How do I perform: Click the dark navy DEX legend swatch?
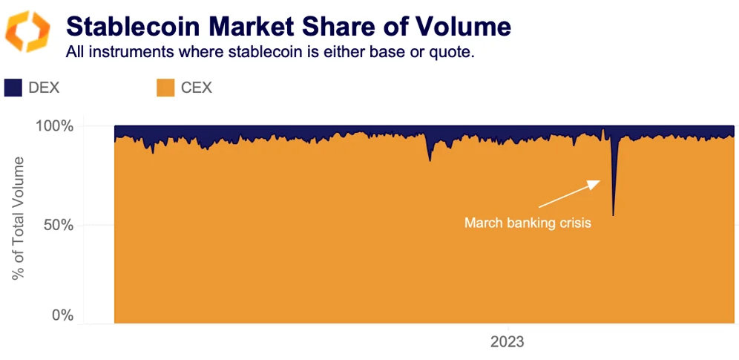click(x=14, y=88)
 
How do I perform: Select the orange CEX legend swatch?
click(x=165, y=88)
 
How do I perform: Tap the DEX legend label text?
click(x=44, y=88)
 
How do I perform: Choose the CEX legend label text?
click(x=196, y=88)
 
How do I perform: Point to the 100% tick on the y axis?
click(x=54, y=126)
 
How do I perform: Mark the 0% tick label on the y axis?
click(x=62, y=315)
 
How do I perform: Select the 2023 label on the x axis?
click(x=508, y=342)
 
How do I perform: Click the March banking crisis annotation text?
click(x=528, y=223)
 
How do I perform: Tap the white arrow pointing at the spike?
click(x=569, y=194)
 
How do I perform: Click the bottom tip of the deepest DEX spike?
click(x=613, y=215)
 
